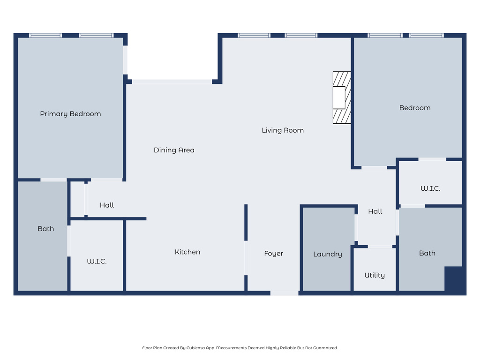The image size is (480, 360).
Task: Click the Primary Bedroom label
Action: point(70,114)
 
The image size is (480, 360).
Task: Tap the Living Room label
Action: point(283,130)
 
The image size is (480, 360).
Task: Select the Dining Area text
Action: point(174,150)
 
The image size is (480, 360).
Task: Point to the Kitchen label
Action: point(187,252)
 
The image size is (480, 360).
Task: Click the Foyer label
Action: point(274,254)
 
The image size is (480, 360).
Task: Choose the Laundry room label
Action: point(328,254)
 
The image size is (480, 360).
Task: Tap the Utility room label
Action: point(375,275)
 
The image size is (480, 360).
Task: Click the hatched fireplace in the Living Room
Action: point(342,97)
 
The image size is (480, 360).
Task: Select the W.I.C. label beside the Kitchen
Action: point(97,262)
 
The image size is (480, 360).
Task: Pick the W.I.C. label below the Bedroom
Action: point(430,188)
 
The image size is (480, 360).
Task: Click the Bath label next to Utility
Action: point(427,253)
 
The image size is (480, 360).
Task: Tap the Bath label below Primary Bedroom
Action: point(45,229)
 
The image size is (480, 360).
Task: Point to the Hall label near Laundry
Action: point(375,211)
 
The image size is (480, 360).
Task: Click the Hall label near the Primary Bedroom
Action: point(107,205)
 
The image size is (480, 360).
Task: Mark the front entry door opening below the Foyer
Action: point(285,293)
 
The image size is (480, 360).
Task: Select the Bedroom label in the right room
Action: point(415,108)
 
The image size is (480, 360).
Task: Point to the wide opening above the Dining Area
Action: point(172,82)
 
